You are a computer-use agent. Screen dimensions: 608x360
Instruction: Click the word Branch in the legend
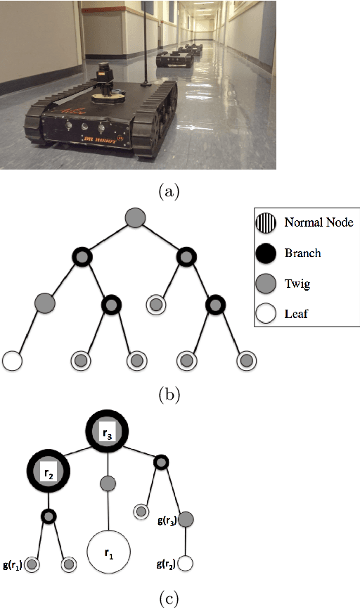tap(302, 253)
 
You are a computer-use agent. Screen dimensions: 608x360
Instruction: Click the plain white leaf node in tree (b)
tap(13, 360)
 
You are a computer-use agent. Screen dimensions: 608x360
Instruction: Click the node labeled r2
tap(48, 473)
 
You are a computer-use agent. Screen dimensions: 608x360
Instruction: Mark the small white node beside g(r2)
tap(186, 564)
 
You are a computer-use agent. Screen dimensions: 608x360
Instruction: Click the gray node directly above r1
tap(108, 483)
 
